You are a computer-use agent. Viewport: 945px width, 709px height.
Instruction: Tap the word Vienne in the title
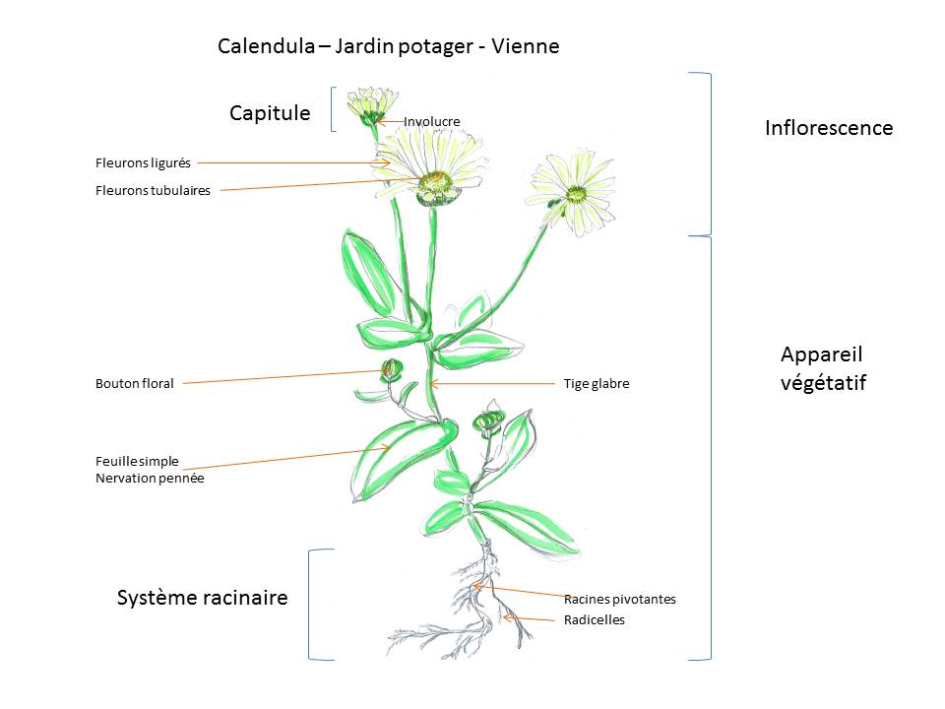pos(527,46)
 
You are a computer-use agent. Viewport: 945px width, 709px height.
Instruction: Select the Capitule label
pos(270,114)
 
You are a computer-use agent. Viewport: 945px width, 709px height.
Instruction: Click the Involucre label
pos(432,122)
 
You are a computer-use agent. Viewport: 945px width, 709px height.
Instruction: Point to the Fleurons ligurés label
pos(143,163)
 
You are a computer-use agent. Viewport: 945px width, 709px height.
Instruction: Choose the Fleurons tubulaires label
pos(153,191)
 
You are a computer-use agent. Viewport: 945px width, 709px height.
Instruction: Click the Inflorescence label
pos(829,128)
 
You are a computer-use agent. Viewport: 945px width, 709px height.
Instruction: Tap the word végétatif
pos(823,384)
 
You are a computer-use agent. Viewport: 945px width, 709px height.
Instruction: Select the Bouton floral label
pos(134,384)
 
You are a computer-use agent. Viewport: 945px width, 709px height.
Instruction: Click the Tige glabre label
pos(596,384)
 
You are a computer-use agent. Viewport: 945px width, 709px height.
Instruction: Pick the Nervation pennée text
pos(150,479)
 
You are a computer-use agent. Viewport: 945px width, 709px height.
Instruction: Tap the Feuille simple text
pos(137,461)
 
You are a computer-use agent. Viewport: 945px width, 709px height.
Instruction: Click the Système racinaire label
pos(202,598)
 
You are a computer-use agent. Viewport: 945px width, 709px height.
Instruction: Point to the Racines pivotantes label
pos(619,599)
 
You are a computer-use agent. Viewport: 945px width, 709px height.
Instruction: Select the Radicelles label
pos(594,620)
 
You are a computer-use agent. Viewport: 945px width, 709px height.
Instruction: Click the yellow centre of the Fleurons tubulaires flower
pos(435,181)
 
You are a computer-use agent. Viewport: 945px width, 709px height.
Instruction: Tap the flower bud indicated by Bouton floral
pos(391,371)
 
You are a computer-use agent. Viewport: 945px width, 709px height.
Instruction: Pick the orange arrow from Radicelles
pos(533,619)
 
